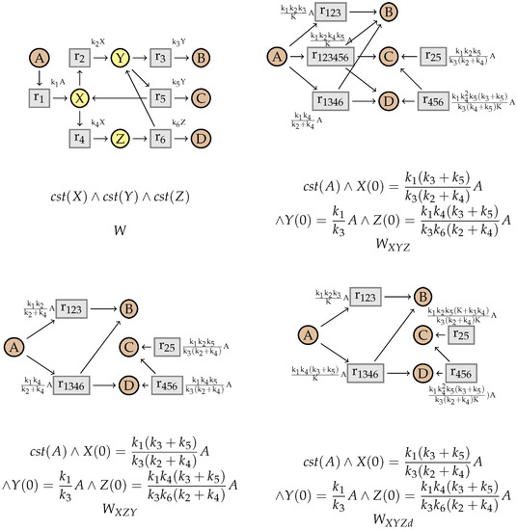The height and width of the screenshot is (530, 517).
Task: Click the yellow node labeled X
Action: coord(80,98)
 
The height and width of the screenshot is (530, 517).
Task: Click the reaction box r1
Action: coord(40,98)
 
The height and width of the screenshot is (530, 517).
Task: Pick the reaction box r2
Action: coord(80,58)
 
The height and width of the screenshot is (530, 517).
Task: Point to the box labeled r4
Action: coord(80,138)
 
